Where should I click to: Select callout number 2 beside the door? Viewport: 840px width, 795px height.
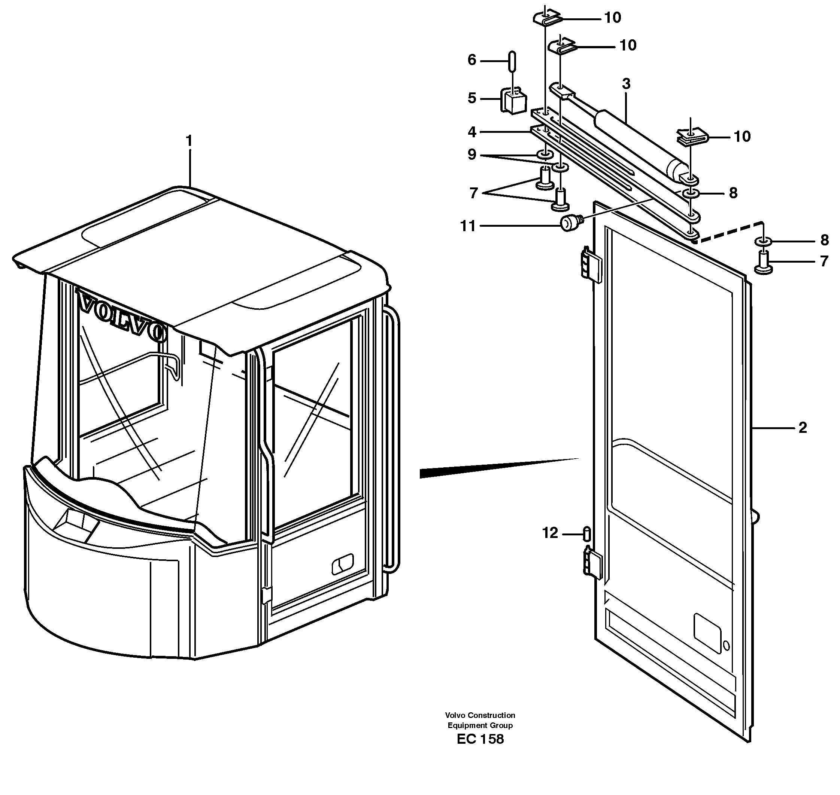pyautogui.click(x=802, y=428)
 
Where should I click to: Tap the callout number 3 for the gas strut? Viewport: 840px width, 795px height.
pyautogui.click(x=626, y=84)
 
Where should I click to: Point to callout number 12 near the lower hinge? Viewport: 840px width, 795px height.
pyautogui.click(x=550, y=533)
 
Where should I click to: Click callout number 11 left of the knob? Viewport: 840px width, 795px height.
pyautogui.click(x=468, y=226)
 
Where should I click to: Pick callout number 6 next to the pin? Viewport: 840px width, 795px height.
pyautogui.click(x=472, y=60)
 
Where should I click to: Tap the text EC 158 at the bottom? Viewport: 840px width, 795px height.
pyautogui.click(x=480, y=739)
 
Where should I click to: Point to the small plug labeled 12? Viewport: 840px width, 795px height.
pyautogui.click(x=587, y=533)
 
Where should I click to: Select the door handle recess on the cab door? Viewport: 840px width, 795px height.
pyautogui.click(x=342, y=564)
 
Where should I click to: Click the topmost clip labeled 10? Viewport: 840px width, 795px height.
pyautogui.click(x=547, y=18)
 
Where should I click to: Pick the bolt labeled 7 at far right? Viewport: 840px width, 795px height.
pyautogui.click(x=763, y=262)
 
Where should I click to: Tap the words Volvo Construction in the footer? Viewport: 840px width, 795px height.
pyautogui.click(x=480, y=715)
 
